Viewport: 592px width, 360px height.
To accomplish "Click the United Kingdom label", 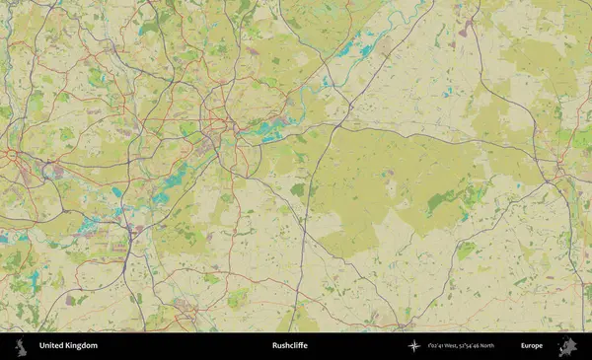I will [x=68, y=346].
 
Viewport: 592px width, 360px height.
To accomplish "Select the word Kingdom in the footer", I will [x=83, y=346].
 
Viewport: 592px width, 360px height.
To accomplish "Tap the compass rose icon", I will [x=413, y=346].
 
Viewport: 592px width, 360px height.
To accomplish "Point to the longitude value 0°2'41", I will [x=440, y=346].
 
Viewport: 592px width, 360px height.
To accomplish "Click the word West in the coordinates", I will [x=460, y=346].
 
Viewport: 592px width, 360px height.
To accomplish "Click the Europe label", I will [x=532, y=346].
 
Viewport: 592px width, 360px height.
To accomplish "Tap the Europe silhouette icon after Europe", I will [x=568, y=346].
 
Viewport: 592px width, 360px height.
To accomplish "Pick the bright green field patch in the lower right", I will [x=464, y=252].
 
